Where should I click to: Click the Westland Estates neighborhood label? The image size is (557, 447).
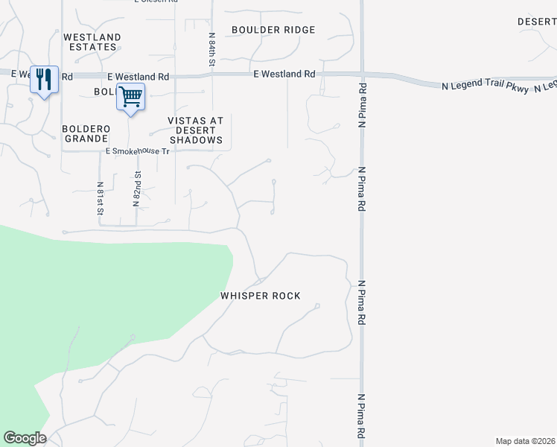pyautogui.click(x=92, y=42)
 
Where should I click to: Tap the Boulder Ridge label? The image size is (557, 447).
pyautogui.click(x=273, y=30)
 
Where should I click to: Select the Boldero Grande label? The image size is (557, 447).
pyautogui.click(x=86, y=133)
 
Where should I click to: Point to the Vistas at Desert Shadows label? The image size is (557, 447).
pyautogui.click(x=197, y=130)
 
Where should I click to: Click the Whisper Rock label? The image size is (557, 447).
pyautogui.click(x=261, y=296)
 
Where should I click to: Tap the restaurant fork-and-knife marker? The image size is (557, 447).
pyautogui.click(x=44, y=79)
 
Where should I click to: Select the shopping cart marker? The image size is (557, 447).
pyautogui.click(x=130, y=96)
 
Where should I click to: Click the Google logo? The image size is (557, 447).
pyautogui.click(x=25, y=438)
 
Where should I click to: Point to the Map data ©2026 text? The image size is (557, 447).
pyautogui.click(x=525, y=441)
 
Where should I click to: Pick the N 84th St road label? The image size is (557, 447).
pyautogui.click(x=212, y=49)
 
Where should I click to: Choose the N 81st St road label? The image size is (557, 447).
pyautogui.click(x=100, y=198)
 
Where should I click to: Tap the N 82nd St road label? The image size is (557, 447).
pyautogui.click(x=137, y=188)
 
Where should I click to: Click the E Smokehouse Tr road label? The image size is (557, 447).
pyautogui.click(x=138, y=150)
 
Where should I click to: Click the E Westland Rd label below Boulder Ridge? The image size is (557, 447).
pyautogui.click(x=284, y=74)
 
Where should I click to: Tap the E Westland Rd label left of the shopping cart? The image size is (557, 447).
pyautogui.click(x=138, y=77)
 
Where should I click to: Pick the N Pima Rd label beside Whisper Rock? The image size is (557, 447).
pyautogui.click(x=363, y=301)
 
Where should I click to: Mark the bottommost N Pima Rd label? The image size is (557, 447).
pyautogui.click(x=363, y=415)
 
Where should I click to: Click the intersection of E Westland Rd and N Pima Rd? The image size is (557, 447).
pyautogui.click(x=362, y=74)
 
